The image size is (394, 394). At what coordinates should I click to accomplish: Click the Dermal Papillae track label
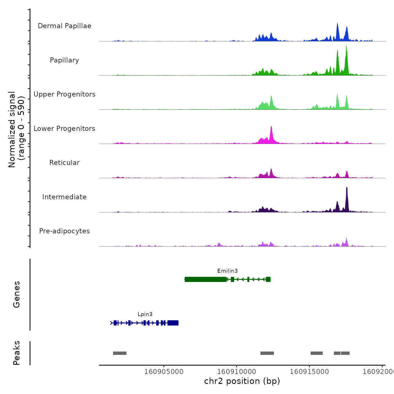[x=64, y=26]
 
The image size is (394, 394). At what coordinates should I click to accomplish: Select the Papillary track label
[x=64, y=60]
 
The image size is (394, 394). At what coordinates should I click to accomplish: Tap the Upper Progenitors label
[x=64, y=94]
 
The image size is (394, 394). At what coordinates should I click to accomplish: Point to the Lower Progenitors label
[x=64, y=129]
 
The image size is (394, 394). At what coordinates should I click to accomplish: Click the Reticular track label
[x=64, y=163]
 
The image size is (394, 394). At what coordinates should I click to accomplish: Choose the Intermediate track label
[x=64, y=197]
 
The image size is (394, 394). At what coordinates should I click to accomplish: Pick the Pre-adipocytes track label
[x=64, y=231]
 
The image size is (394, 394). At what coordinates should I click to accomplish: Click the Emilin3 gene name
[x=227, y=271]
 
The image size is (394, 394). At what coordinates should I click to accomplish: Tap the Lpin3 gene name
[x=145, y=314]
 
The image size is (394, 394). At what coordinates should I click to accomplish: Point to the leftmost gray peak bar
[x=120, y=353]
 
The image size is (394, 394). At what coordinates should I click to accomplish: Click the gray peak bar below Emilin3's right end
[x=267, y=353]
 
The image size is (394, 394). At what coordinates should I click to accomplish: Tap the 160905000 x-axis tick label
[x=164, y=372]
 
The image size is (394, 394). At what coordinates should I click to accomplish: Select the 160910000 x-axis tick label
[x=237, y=372]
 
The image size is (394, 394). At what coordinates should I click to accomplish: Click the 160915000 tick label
[x=309, y=372]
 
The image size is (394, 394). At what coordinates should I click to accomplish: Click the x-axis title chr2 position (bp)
[x=242, y=381]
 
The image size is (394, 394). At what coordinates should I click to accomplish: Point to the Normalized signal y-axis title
[x=16, y=129]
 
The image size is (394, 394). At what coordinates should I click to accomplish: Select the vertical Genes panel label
[x=17, y=294]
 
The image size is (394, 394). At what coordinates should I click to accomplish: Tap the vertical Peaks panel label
[x=17, y=353]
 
